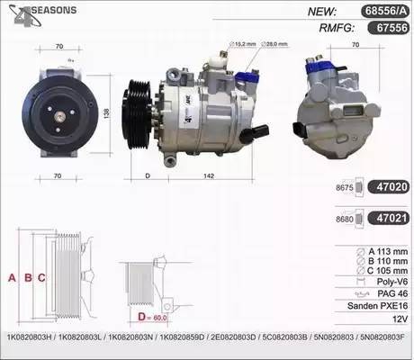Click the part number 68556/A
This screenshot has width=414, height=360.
point(379,12)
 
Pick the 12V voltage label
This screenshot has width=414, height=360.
point(387,319)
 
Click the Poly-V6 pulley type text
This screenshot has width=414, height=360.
point(381,281)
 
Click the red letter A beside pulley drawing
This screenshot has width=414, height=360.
point(12,278)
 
